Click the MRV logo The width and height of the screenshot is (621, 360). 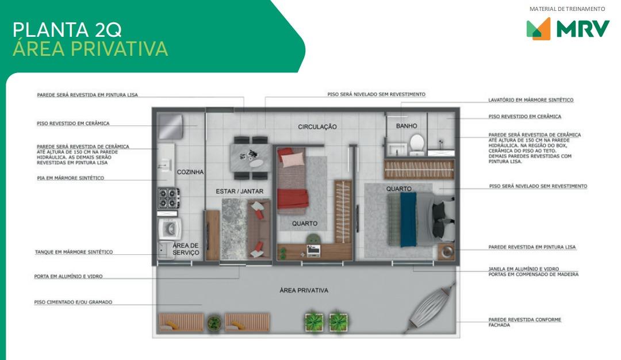[x=568, y=29]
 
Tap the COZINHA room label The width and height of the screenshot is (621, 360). [x=190, y=172]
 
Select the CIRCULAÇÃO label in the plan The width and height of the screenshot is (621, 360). [x=317, y=127]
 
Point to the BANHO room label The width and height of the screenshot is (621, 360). [x=407, y=126]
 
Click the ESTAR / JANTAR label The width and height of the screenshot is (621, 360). [x=239, y=192]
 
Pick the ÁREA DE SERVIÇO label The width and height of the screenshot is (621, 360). [x=186, y=249]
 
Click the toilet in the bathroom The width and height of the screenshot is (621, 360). [x=417, y=144]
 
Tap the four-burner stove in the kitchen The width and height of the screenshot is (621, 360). [x=168, y=198]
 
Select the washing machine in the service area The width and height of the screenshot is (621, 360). [x=170, y=229]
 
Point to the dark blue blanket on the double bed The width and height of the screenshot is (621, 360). [x=408, y=219]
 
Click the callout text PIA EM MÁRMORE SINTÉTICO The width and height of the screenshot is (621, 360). [x=71, y=178]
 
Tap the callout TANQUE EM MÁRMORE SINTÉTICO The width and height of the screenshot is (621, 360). [x=74, y=252]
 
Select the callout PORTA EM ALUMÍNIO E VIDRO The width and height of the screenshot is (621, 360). [x=68, y=277]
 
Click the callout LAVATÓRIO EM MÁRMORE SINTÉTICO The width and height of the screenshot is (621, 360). [x=531, y=100]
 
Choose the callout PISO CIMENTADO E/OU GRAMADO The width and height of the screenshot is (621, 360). [x=73, y=302]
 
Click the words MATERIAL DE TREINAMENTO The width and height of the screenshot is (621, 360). [x=567, y=9]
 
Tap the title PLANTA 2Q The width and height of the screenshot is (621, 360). [x=67, y=30]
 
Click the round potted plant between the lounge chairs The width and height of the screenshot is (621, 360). [x=214, y=323]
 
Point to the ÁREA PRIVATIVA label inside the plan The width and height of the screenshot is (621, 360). [x=304, y=290]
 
